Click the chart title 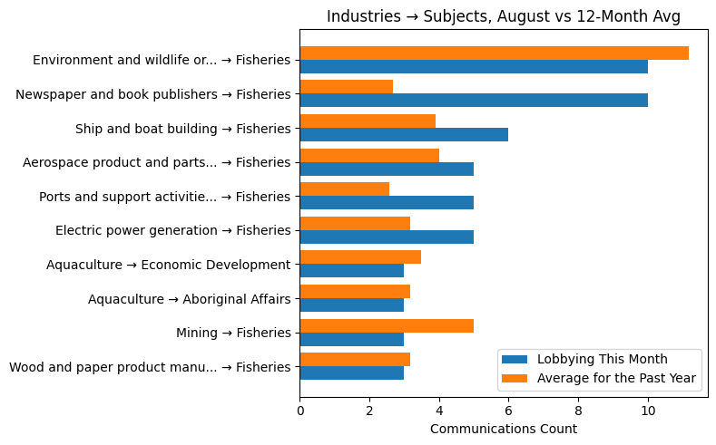503,16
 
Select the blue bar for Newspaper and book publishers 474,101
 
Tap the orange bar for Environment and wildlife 494,53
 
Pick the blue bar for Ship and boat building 404,135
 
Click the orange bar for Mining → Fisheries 387,325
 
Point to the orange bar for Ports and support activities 345,189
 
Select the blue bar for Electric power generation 387,237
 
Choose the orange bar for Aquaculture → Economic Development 360,257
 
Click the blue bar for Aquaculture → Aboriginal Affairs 352,305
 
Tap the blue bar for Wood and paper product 352,373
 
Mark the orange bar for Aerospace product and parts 369,155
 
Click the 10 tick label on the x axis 648,410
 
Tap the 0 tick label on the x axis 300,410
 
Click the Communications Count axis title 503,429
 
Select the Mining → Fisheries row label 233,333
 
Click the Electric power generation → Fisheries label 172,230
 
